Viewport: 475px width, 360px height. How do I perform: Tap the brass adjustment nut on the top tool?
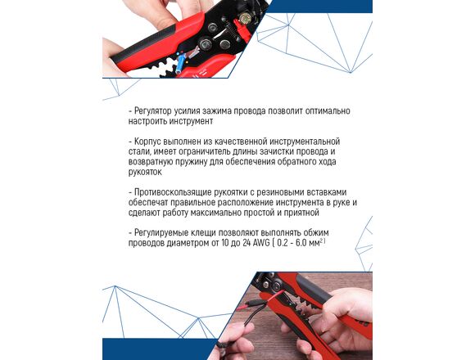pos(244,19)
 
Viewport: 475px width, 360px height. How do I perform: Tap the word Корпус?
pos(147,142)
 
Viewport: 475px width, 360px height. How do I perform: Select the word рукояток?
pos(145,172)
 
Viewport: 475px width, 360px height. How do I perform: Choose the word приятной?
pos(301,213)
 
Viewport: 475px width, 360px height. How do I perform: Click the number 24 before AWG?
pos(246,243)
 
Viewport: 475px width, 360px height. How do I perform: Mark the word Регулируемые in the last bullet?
pos(161,233)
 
